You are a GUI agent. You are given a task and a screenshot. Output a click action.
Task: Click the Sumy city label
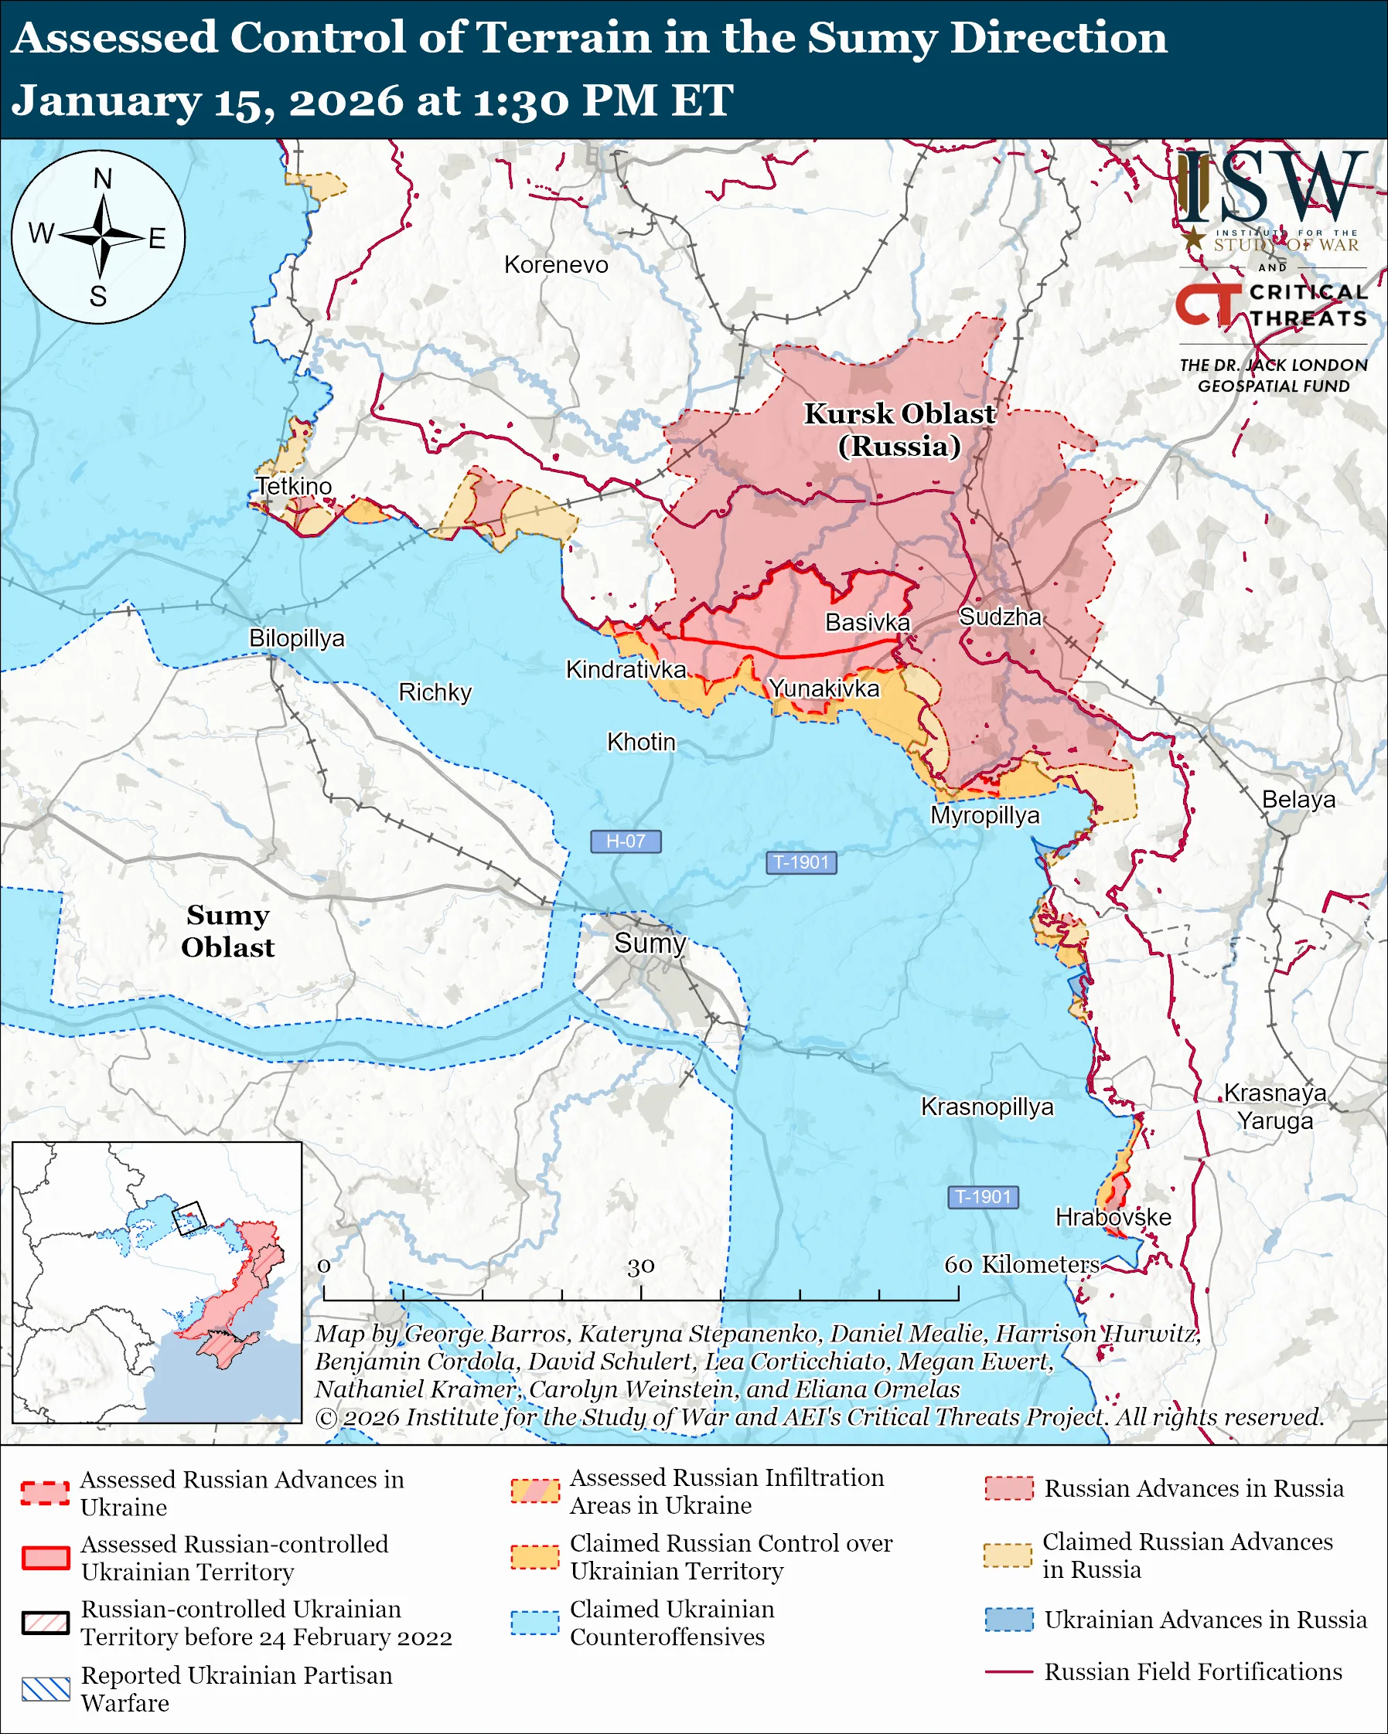(x=650, y=943)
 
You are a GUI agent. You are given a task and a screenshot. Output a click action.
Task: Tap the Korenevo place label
(x=556, y=264)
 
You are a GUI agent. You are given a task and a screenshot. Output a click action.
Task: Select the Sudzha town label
(x=1000, y=617)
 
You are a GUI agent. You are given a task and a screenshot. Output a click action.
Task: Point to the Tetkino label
(x=294, y=486)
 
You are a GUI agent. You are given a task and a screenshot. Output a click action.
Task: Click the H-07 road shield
(x=626, y=841)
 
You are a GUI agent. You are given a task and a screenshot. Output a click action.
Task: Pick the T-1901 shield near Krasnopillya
(x=984, y=1197)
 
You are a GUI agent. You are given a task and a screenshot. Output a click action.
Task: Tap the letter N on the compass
(x=102, y=178)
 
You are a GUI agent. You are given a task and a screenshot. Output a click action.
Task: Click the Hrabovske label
(x=1113, y=1217)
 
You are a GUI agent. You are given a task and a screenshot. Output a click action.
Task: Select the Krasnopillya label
(x=987, y=1107)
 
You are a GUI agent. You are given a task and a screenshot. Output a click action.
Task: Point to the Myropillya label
(x=985, y=815)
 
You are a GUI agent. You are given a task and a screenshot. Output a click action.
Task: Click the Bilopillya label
(x=296, y=637)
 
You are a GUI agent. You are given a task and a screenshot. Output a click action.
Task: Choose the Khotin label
(x=640, y=742)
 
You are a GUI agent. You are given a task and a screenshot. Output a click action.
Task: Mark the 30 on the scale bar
(x=640, y=1266)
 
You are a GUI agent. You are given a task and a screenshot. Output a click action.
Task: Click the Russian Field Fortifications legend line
(x=1008, y=1672)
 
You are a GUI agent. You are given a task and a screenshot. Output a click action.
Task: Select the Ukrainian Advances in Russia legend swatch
(x=1009, y=1620)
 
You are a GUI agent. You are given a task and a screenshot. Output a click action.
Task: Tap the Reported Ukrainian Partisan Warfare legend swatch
(x=46, y=1689)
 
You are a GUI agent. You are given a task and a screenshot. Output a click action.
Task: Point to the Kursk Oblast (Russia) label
(x=899, y=430)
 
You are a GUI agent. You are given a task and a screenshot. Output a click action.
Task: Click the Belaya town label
(x=1298, y=800)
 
